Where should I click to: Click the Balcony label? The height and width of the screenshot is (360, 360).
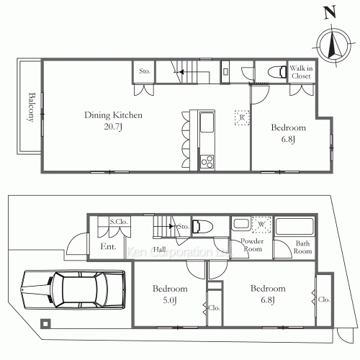coord(31,107)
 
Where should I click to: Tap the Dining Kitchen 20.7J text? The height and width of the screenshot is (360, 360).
coord(113,120)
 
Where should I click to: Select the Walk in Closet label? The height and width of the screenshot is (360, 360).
coord(301,72)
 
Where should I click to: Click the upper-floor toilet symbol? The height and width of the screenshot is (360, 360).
coord(277,71)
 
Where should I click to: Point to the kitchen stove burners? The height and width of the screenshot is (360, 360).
coord(207,161)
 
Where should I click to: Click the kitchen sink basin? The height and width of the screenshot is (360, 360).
coord(207,122)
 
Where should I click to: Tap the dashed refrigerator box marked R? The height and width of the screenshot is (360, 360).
coord(242,117)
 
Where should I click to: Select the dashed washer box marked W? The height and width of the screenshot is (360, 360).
coord(261,225)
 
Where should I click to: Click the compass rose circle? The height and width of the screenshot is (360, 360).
coord(334,45)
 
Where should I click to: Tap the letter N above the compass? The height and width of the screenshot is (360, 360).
coord(330,12)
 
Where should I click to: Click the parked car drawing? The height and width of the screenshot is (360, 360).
coord(73,289)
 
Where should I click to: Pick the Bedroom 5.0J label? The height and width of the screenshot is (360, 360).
coord(170,294)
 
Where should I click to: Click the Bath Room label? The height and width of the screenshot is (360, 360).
coord(302,247)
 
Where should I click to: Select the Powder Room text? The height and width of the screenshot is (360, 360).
coord(252,245)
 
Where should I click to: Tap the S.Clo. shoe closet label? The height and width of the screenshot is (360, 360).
coord(119,222)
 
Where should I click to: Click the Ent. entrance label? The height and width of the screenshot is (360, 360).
coord(108,246)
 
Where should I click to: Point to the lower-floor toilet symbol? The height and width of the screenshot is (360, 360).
coord(203,226)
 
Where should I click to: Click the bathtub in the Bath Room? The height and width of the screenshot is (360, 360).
coord(294,226)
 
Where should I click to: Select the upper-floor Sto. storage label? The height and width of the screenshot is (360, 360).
coord(145,71)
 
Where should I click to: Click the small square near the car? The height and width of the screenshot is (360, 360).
coord(45,323)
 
